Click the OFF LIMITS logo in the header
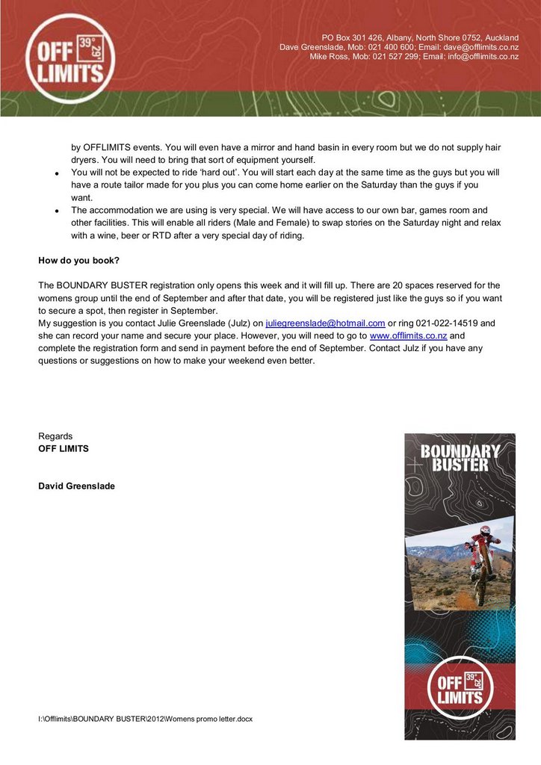tap(69, 58)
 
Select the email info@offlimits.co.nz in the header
tap(483, 57)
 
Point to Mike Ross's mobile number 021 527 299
tap(397, 57)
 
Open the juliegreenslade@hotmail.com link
tap(325, 323)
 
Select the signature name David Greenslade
tap(76, 486)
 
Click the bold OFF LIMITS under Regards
tap(64, 449)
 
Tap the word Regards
tap(56, 436)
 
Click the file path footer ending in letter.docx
tap(146, 719)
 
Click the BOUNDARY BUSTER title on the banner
tap(460, 458)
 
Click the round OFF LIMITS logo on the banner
tap(460, 689)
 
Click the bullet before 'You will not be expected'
tap(58, 173)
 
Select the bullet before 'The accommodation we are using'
tap(58, 211)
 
